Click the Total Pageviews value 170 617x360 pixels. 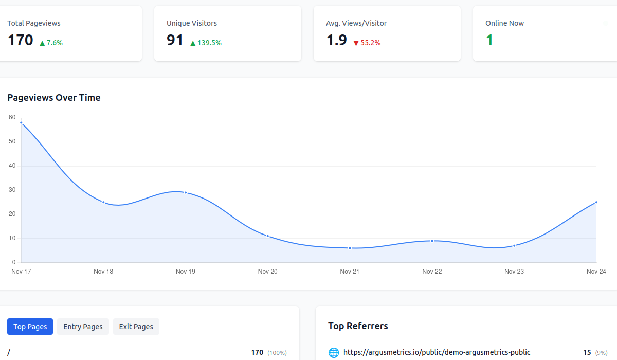point(21,40)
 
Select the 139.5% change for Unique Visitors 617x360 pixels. point(206,43)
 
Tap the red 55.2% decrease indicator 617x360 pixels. point(367,43)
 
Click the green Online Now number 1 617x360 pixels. point(489,40)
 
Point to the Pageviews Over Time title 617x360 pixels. point(54,98)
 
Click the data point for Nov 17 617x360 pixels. point(21,122)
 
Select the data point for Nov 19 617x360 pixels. point(186,193)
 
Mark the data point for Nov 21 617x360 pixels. point(350,248)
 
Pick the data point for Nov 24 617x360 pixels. point(596,202)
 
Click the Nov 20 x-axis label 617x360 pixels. point(267,272)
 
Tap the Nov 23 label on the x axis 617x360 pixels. point(514,272)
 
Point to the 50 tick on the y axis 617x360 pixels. point(12,141)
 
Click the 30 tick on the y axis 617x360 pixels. point(12,190)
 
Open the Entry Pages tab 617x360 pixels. point(83,327)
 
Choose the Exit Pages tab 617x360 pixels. point(136,327)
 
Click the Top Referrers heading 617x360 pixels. point(358,326)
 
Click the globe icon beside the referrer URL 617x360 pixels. point(334,353)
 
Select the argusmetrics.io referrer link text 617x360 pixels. point(437,352)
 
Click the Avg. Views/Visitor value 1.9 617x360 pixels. point(337,40)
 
